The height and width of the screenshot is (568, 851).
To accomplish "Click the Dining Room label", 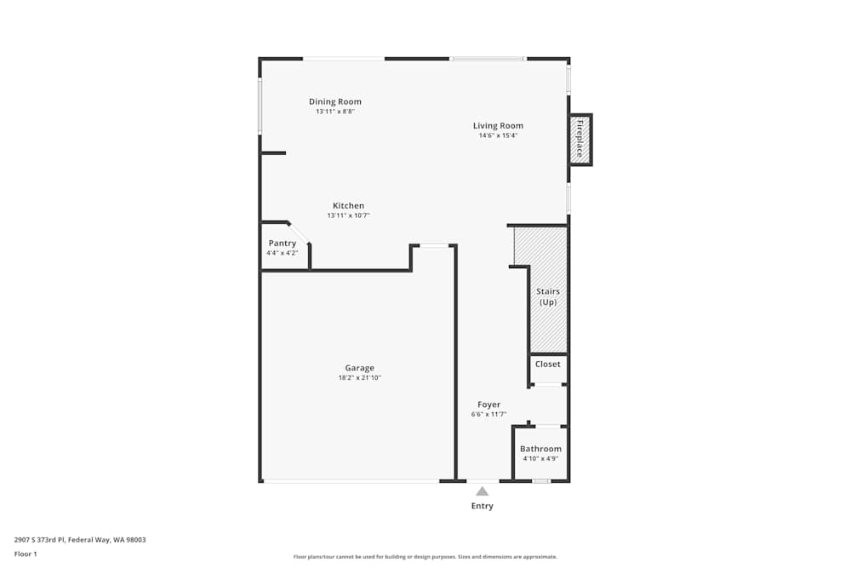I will click(x=334, y=102).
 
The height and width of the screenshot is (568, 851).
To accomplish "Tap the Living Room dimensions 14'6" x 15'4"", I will click(x=498, y=135).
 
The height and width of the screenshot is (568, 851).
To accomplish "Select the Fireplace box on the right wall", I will click(x=580, y=139).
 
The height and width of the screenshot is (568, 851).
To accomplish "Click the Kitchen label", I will click(x=348, y=206).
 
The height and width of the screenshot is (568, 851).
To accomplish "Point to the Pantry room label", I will click(x=282, y=244).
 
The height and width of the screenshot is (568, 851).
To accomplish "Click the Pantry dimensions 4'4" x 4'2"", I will click(x=282, y=253).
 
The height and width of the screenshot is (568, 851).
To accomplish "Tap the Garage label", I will click(x=359, y=368).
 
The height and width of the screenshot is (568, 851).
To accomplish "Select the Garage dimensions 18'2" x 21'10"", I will click(x=359, y=378).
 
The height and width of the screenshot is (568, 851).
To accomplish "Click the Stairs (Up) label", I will click(x=547, y=296).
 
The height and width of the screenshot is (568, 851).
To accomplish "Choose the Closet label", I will click(x=547, y=364).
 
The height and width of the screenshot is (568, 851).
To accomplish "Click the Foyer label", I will click(x=488, y=404).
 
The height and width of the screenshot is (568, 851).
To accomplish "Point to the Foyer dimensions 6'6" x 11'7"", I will click(x=488, y=415).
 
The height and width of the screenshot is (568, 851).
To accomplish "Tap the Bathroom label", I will click(x=540, y=449).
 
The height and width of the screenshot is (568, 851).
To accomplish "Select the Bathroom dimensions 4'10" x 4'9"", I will click(x=540, y=459).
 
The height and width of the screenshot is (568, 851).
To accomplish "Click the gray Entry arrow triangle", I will click(x=482, y=491).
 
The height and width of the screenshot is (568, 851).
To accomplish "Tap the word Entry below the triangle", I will click(x=482, y=506).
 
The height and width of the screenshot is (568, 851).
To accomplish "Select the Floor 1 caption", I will click(x=26, y=554).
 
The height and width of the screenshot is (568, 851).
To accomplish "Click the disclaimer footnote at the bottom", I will click(x=425, y=557).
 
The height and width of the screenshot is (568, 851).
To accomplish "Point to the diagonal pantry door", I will click(x=299, y=232).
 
